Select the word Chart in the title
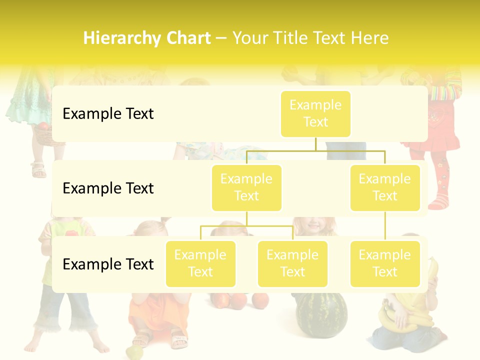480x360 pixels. pyautogui.click(x=187, y=38)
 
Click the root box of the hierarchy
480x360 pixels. pyautogui.click(x=315, y=113)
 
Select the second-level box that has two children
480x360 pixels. pyautogui.click(x=246, y=187)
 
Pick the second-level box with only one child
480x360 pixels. pyautogui.click(x=385, y=187)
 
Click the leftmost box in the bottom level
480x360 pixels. pyautogui.click(x=200, y=263)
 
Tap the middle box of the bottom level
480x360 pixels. pyautogui.click(x=292, y=263)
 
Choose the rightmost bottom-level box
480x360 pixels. pyautogui.click(x=385, y=263)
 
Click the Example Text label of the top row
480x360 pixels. pyautogui.click(x=108, y=113)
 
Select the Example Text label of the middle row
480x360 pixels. pyautogui.click(x=108, y=188)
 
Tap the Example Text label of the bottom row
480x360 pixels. pyautogui.click(x=108, y=264)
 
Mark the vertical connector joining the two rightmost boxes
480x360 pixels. pyautogui.click(x=385, y=225)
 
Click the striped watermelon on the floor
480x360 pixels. pyautogui.click(x=319, y=315)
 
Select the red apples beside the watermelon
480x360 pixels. pyautogui.click(x=240, y=300)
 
